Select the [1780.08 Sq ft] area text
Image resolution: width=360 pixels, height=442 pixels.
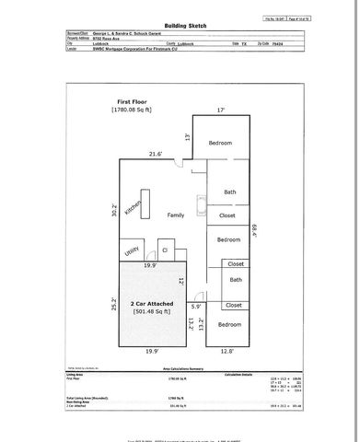coord(135,110)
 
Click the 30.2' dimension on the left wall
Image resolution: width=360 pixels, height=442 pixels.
coord(112,211)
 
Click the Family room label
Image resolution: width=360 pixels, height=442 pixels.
coord(175,215)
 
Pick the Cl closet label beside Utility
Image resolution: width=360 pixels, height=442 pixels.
coord(164,250)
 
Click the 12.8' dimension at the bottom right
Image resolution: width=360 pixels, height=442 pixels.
coord(227,350)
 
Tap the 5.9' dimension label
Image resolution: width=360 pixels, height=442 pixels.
coord(195,307)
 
